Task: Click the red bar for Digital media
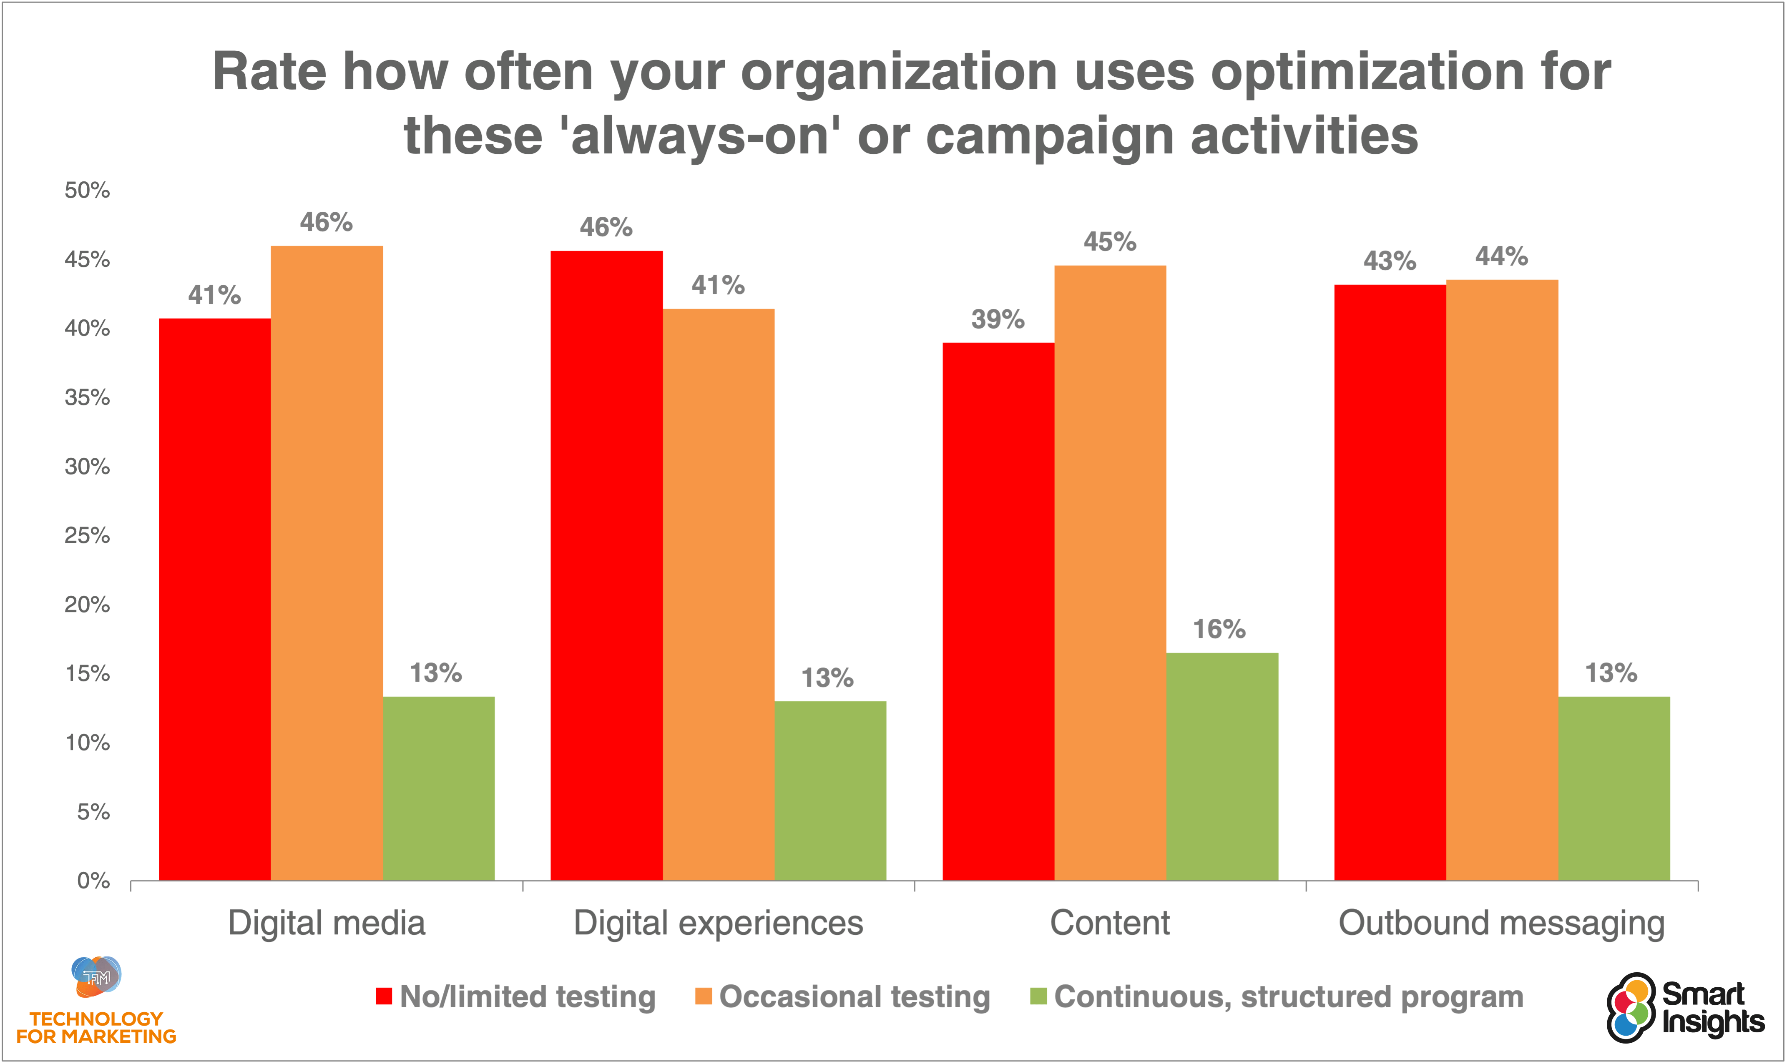pos(214,599)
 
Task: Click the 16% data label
pos(1219,630)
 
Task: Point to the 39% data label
pos(998,319)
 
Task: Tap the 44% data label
pos(1502,256)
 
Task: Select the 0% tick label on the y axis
pos(93,881)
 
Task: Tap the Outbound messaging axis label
pos(1502,923)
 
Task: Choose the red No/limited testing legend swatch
pos(384,996)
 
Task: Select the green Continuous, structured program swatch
pos(1038,996)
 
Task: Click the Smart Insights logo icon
pos(1631,1007)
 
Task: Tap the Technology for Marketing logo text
pos(96,1027)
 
